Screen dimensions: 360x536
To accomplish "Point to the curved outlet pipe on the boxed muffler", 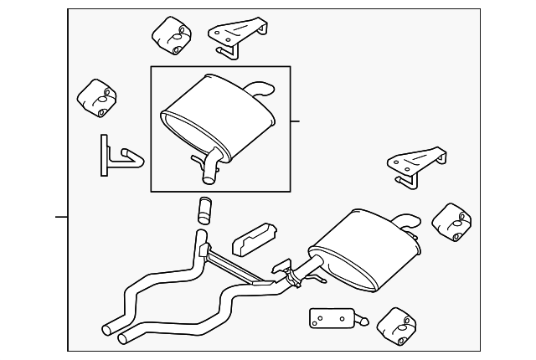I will [260, 87].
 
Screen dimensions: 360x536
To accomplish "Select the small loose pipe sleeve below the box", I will [204, 209].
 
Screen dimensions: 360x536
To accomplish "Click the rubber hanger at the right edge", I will [453, 221].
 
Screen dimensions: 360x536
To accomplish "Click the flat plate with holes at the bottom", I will [331, 319].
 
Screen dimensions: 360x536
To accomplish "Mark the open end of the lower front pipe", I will [126, 338].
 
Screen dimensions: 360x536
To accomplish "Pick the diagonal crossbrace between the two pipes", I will [239, 269].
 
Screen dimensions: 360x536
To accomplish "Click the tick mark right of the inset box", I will [295, 121].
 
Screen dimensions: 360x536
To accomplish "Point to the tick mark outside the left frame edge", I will [60, 217].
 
